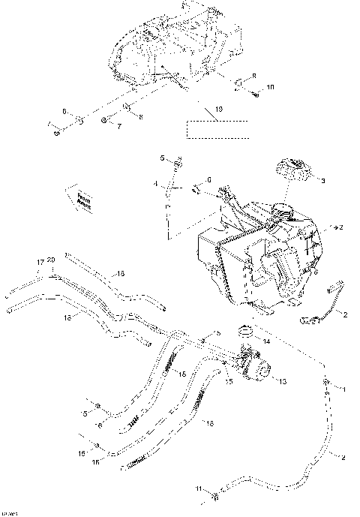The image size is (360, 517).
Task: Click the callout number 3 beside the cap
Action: coord(322,181)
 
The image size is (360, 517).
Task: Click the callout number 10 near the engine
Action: coord(271,88)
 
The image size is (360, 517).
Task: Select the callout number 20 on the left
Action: coord(51,261)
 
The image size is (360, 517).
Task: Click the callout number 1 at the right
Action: coord(344,389)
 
